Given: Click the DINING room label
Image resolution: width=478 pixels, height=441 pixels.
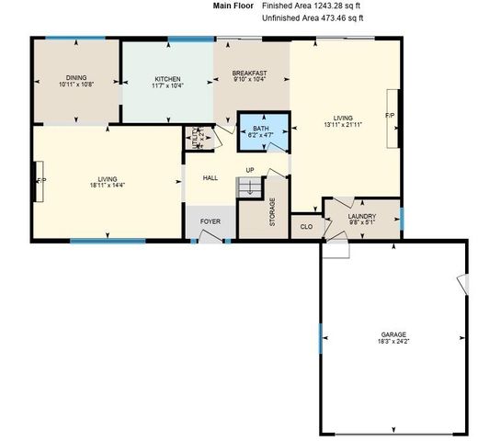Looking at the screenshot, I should [x=77, y=77].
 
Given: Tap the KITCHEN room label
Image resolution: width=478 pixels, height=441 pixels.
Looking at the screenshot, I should [x=167, y=78].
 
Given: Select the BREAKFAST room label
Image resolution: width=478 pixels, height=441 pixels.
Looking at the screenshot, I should [x=249, y=73].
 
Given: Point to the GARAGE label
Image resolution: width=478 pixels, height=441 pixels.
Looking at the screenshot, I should [x=393, y=334].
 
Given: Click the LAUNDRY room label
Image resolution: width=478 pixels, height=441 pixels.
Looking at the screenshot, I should [x=361, y=217].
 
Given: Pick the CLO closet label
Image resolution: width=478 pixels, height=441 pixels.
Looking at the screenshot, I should [x=306, y=225].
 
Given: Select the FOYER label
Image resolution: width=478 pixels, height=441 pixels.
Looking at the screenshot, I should [x=211, y=221].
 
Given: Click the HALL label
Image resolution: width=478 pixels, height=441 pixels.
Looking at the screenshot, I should [x=210, y=178].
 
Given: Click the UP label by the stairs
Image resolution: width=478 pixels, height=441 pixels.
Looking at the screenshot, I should [x=249, y=170].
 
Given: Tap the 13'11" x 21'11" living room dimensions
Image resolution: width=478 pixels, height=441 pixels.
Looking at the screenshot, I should [x=343, y=125].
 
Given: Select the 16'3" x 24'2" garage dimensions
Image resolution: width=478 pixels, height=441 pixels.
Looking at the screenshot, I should [x=393, y=341].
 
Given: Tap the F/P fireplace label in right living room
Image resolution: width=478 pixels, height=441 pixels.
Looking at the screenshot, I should [x=389, y=117].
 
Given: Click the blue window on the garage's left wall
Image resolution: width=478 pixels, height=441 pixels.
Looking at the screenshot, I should [x=320, y=344].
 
